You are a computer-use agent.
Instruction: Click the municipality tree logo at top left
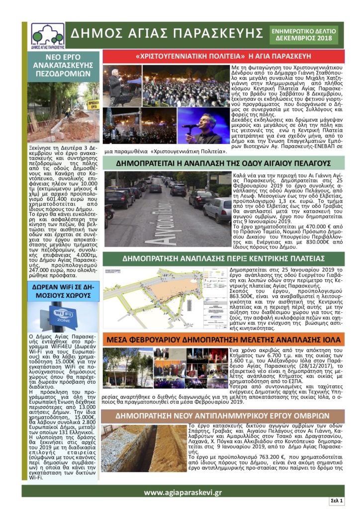(x=47, y=35)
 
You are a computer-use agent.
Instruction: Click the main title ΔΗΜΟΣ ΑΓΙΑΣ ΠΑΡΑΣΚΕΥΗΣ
(x=167, y=34)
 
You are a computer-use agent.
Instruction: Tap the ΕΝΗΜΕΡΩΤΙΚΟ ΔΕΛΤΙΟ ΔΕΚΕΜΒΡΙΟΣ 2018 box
(x=303, y=34)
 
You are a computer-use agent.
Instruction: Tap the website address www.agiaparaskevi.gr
(x=182, y=492)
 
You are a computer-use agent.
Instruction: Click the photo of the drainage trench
(x=144, y=447)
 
